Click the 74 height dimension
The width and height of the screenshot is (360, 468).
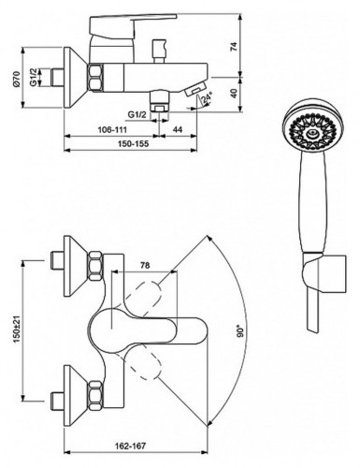pos(234,46)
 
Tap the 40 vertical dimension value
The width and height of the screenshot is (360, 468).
pos(234,94)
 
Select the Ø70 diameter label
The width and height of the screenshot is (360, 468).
pos(16,78)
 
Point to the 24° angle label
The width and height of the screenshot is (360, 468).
pos(207,97)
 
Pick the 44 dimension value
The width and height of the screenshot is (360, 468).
pos(178,129)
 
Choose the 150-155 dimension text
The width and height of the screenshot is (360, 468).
pos(133,144)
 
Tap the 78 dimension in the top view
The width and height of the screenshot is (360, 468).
pos(145,266)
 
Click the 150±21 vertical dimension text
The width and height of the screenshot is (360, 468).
pos(17,329)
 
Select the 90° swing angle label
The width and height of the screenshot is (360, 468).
pos(239,331)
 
